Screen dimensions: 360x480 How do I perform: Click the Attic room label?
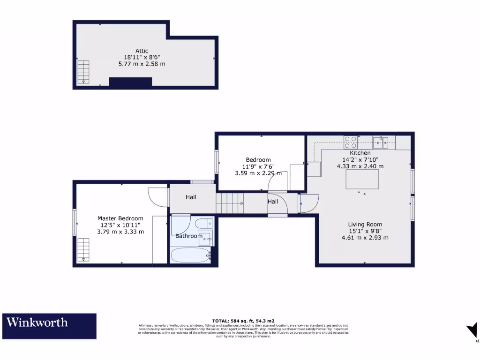142,51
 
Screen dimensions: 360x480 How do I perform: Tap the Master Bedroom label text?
120,218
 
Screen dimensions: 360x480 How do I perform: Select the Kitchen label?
360,153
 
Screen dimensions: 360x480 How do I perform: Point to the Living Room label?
365,225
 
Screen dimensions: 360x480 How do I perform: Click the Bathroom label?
188,236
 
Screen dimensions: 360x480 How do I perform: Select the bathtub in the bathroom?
190,256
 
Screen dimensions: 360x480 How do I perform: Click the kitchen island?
362,180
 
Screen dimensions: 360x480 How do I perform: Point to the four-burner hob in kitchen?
351,142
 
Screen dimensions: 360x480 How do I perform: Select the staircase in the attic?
83,72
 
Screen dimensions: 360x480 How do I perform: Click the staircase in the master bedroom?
83,249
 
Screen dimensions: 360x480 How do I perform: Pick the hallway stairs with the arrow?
230,203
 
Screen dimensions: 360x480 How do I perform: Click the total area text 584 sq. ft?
244,321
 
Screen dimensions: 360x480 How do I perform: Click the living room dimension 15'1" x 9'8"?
365,231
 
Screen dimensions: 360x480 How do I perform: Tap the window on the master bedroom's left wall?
75,222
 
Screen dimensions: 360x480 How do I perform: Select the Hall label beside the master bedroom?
191,197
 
